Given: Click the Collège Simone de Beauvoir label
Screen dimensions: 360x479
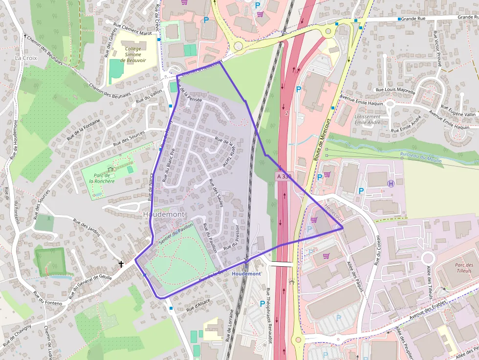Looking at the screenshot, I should point(133,55).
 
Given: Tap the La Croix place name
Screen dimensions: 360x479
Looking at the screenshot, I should point(26,58).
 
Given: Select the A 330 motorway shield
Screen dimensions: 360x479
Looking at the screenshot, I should point(284,176).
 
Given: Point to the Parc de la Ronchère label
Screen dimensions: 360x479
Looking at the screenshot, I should point(102,178).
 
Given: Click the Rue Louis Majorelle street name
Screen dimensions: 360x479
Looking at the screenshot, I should point(395,90).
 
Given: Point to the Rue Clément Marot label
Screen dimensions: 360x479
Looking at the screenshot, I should point(132,29).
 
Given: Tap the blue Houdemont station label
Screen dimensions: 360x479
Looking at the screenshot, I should point(246,274).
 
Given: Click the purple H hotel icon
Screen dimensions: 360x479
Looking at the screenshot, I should point(391,183).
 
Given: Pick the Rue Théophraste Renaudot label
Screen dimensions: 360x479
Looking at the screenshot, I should point(269,316).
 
